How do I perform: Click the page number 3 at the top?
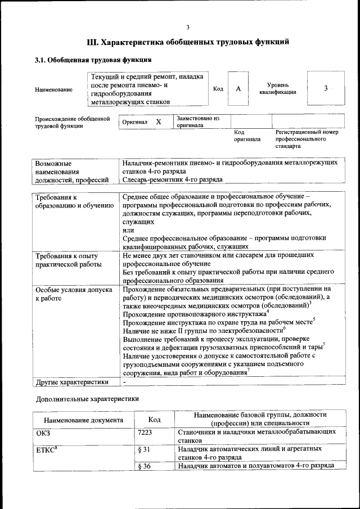[188, 27]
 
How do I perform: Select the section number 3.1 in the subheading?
[40, 60]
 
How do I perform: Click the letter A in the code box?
[238, 89]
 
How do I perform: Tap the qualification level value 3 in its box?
[326, 89]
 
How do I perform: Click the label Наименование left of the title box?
[54, 89]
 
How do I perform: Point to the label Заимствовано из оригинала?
[197, 122]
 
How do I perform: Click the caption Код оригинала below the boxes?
[247, 136]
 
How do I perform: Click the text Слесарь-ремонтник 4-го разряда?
[172, 180]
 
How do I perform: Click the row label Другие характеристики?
[71, 382]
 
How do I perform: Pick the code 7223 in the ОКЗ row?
[145, 432]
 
